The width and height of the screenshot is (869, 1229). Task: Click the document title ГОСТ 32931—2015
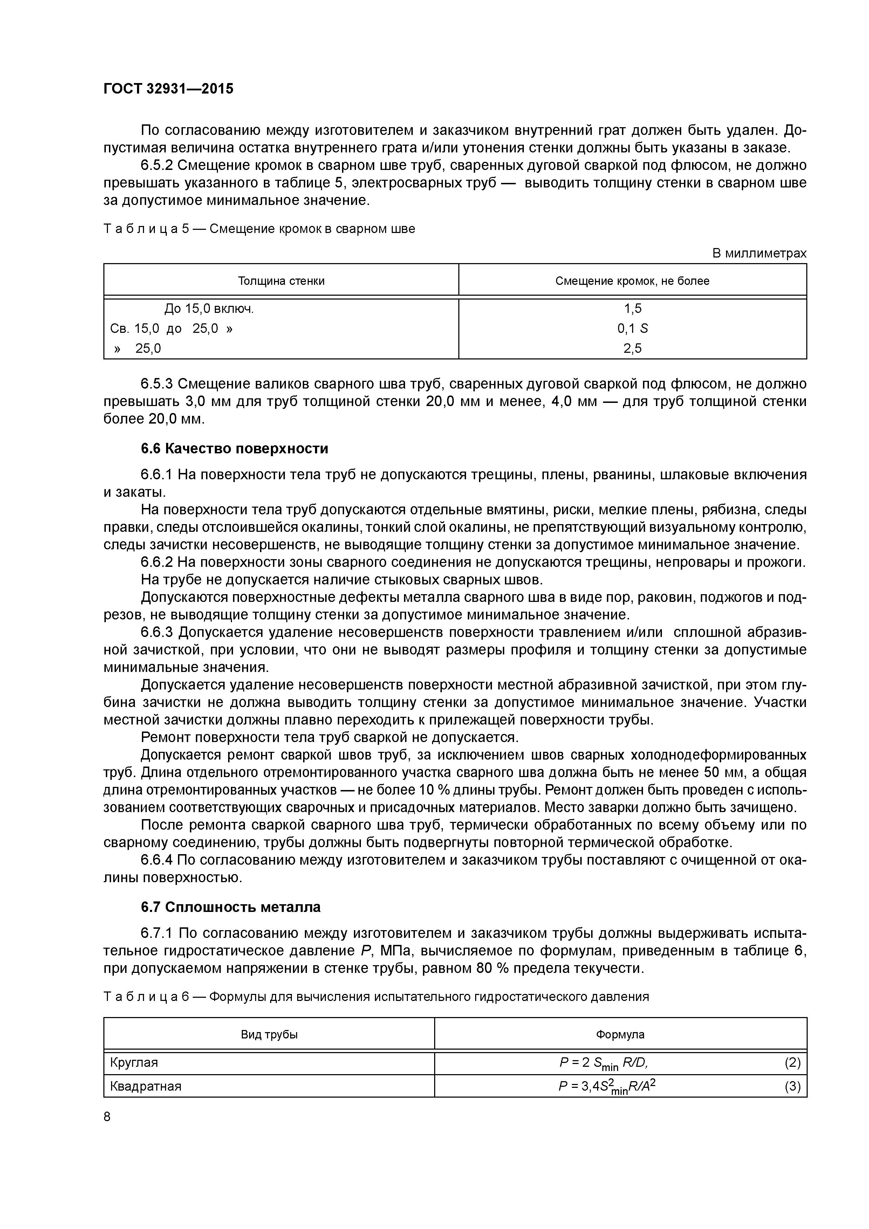tap(169, 89)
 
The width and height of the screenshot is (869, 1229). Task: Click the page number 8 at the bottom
tap(107, 1117)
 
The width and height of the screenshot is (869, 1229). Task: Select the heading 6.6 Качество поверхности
tap(234, 448)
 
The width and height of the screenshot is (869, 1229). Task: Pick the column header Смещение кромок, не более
tap(632, 281)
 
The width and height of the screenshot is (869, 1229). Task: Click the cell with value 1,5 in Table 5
tap(632, 309)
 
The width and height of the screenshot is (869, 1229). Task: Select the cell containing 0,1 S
tap(632, 329)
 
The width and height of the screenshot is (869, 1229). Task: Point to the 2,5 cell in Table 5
tap(632, 349)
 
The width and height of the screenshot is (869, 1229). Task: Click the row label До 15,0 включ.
tap(209, 309)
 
